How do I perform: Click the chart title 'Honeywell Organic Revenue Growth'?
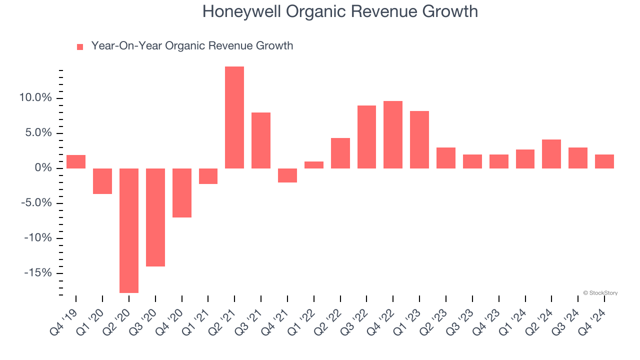tap(340, 11)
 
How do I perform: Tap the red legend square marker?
tap(80, 47)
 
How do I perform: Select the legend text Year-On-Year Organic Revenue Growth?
tap(192, 46)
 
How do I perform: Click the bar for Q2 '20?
tap(128, 230)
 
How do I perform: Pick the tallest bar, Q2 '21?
tap(234, 117)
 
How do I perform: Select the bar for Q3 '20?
tap(155, 217)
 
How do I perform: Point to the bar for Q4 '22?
tap(393, 135)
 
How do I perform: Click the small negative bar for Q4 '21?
tap(287, 175)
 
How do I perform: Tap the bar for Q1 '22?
tap(314, 165)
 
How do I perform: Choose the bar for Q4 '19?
tap(76, 162)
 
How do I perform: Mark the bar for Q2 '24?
tap(551, 154)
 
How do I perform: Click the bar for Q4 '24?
tap(604, 161)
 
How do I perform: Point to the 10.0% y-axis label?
tap(35, 98)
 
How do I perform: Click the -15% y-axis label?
tap(38, 273)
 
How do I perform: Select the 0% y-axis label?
tap(44, 168)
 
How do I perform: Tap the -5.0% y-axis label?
tap(35, 203)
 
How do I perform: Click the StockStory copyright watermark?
tap(600, 293)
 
